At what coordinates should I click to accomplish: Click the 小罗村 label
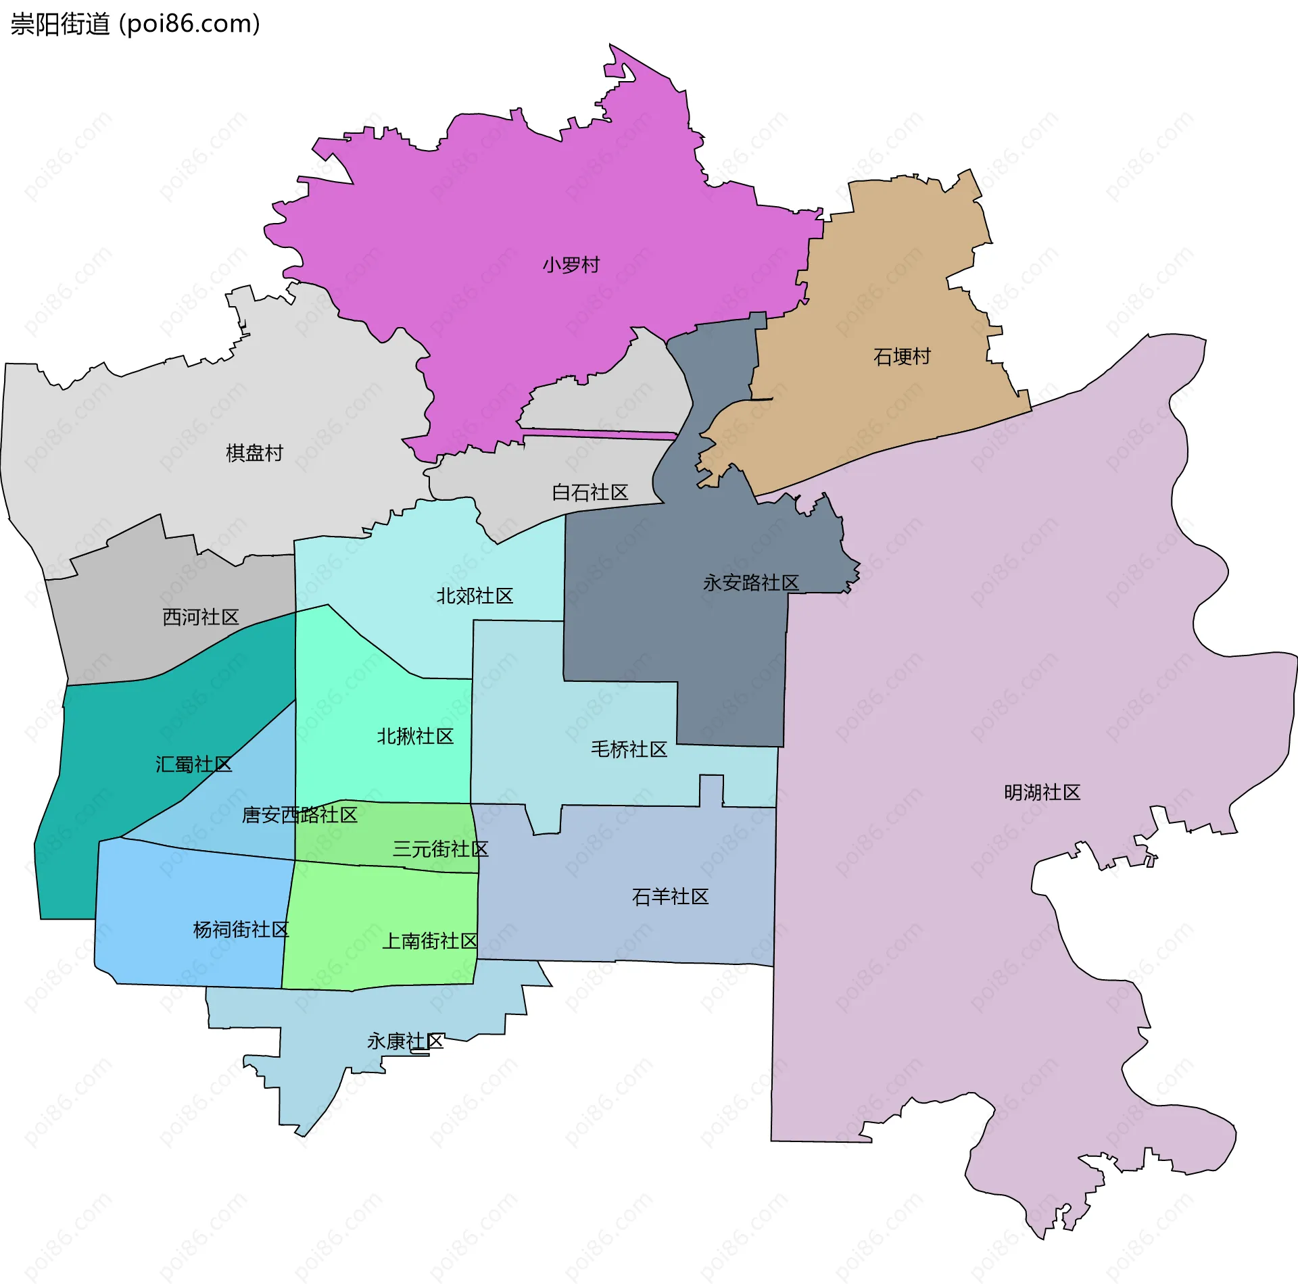click(571, 265)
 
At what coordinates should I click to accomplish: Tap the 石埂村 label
click(902, 356)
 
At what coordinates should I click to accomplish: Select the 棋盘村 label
click(254, 453)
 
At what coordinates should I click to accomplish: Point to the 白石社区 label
click(590, 492)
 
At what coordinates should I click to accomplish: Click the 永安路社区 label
click(750, 583)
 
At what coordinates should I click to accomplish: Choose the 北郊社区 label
click(475, 596)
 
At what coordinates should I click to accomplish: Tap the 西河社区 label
click(201, 617)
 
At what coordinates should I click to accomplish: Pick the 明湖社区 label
click(1042, 792)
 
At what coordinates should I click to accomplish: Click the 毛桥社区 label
click(629, 749)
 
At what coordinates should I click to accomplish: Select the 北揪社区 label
click(415, 736)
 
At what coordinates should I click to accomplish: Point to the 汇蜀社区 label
click(193, 764)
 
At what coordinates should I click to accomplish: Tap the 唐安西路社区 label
click(299, 815)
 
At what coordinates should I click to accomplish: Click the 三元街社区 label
click(440, 849)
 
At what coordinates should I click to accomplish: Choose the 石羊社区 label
click(670, 897)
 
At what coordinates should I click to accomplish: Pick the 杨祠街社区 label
click(241, 930)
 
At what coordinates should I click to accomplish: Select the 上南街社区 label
click(430, 941)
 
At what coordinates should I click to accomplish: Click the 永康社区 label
click(405, 1041)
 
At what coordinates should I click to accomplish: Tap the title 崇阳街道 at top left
click(60, 24)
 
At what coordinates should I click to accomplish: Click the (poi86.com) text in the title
click(189, 24)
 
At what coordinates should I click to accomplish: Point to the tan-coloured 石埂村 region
click(879, 284)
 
